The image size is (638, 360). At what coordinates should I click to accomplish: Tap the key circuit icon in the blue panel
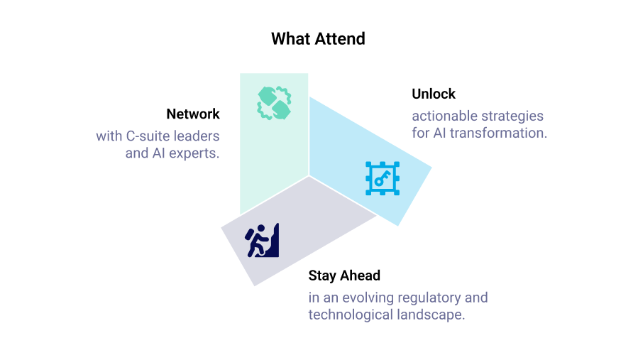pos(383,178)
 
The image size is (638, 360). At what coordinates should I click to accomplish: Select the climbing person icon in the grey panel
pos(263,241)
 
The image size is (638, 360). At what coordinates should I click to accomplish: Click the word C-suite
pos(148,136)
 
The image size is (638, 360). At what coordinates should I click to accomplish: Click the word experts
pos(192,153)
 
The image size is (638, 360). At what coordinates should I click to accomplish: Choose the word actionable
pos(444,115)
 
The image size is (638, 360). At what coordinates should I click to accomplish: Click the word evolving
pos(367,297)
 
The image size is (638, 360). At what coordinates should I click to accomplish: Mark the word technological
pos(348,314)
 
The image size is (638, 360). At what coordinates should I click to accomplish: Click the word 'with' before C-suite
pos(109,136)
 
